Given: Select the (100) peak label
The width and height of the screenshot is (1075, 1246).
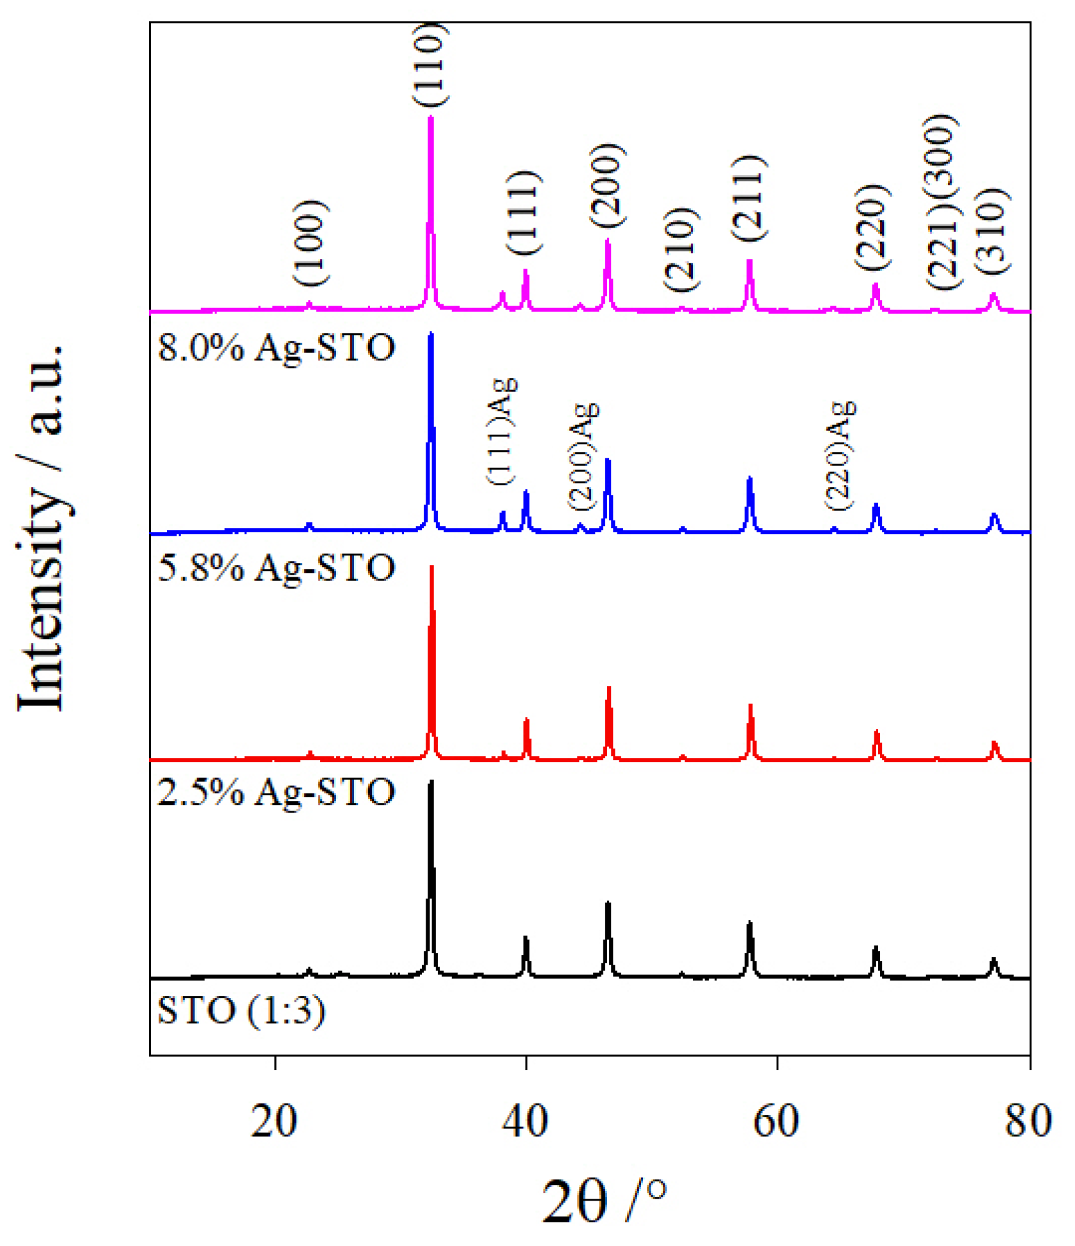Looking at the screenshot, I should click(311, 243).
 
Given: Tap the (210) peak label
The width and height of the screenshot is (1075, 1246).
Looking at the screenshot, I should click(680, 249).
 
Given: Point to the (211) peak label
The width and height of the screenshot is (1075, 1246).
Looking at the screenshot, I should click(748, 198).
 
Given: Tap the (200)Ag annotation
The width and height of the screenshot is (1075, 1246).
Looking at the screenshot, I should click(583, 456).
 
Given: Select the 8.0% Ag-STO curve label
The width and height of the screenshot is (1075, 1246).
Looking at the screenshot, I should click(276, 348).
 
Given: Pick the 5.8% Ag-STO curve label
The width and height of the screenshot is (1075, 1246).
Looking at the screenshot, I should click(276, 568).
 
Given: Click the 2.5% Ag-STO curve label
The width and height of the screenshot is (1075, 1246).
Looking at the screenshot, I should click(276, 792).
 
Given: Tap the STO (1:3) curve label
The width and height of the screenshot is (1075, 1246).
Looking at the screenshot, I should click(241, 1011).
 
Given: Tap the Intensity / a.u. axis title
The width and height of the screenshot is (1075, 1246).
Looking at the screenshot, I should click(42, 527).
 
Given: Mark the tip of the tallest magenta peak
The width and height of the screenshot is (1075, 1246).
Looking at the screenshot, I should click(431, 118).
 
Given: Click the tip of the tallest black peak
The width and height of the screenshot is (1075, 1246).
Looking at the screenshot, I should click(431, 782).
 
